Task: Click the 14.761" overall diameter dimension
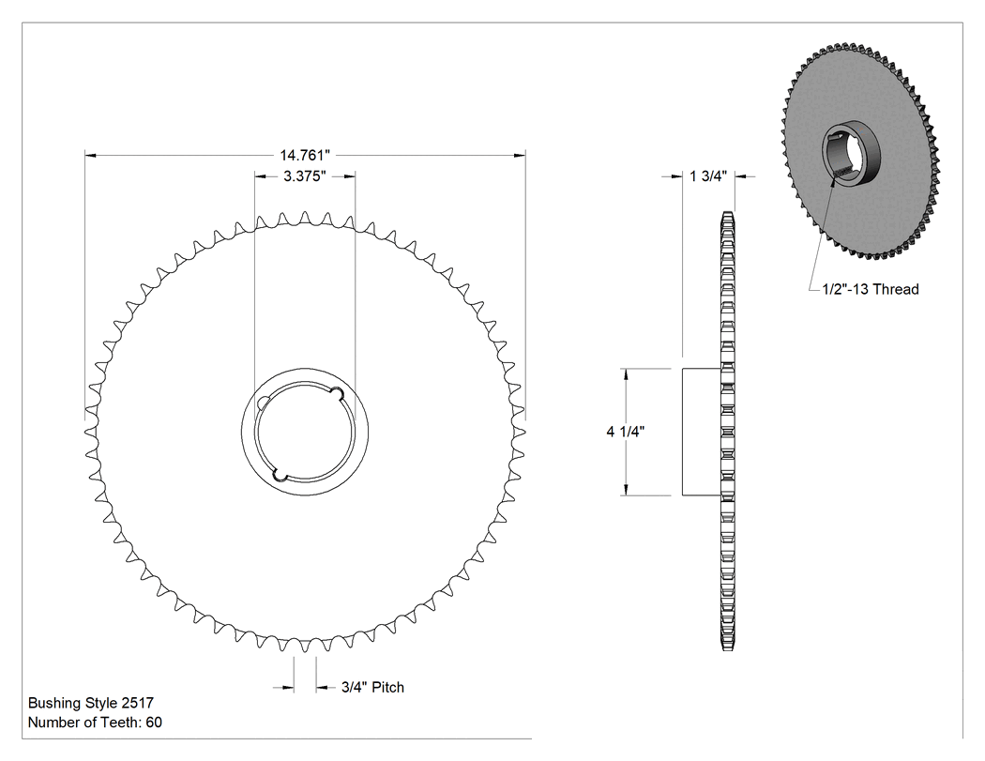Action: [x=305, y=155]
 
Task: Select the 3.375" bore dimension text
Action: [x=305, y=176]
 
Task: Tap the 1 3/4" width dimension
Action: [x=708, y=176]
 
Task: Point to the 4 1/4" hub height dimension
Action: [x=625, y=432]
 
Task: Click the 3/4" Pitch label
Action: [x=372, y=688]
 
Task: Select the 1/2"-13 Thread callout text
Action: [x=870, y=289]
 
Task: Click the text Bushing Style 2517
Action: [x=90, y=703]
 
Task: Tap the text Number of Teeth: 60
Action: [x=95, y=723]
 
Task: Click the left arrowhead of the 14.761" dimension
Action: [x=90, y=155]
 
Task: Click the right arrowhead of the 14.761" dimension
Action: [x=520, y=155]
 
